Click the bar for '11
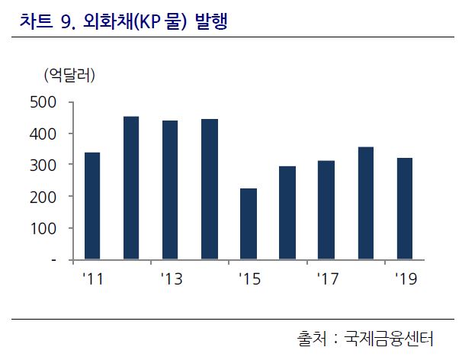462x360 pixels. [91, 206]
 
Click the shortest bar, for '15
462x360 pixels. [248, 223]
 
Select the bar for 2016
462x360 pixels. [287, 213]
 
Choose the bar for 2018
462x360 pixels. [365, 203]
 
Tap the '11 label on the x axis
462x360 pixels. [92, 279]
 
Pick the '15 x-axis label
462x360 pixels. [249, 279]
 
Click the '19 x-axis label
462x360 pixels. [405, 279]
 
